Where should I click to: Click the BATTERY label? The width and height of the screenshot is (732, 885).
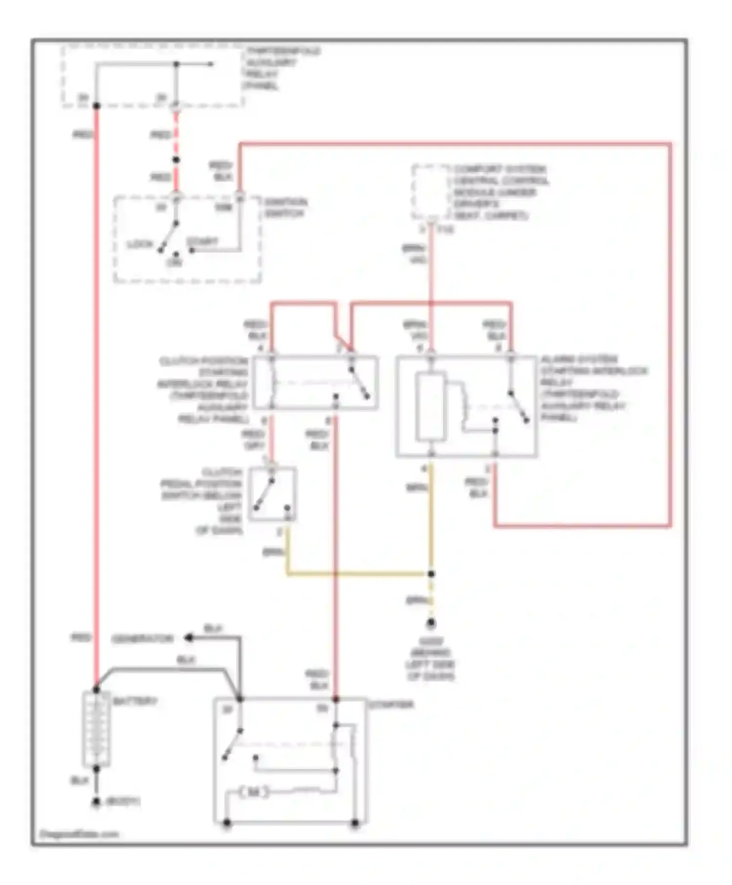135,701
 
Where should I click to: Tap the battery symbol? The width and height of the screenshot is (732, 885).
96,729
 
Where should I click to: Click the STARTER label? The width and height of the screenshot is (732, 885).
391,704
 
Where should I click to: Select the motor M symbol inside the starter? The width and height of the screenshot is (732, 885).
253,793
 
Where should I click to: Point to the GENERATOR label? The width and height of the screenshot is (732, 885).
142,639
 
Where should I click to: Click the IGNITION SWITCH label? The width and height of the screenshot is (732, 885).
285,208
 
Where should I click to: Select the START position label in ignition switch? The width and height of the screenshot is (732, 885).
202,241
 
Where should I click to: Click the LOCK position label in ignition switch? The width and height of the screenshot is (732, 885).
140,244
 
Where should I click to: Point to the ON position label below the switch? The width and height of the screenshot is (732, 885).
175,262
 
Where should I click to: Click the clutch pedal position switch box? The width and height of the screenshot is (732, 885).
273,494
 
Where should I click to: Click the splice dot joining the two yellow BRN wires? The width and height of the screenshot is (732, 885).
431,574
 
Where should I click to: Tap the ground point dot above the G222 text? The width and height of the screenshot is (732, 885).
431,623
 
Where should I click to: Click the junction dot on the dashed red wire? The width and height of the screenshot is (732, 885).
176,160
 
